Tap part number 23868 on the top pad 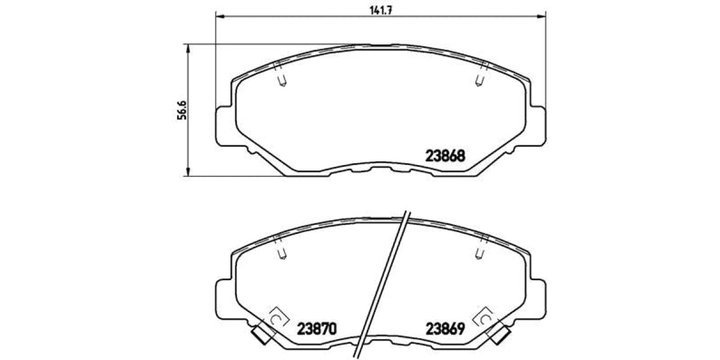[x=445, y=156]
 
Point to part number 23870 [x=317, y=329]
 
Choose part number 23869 [x=445, y=329]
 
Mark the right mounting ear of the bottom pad [x=538, y=299]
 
